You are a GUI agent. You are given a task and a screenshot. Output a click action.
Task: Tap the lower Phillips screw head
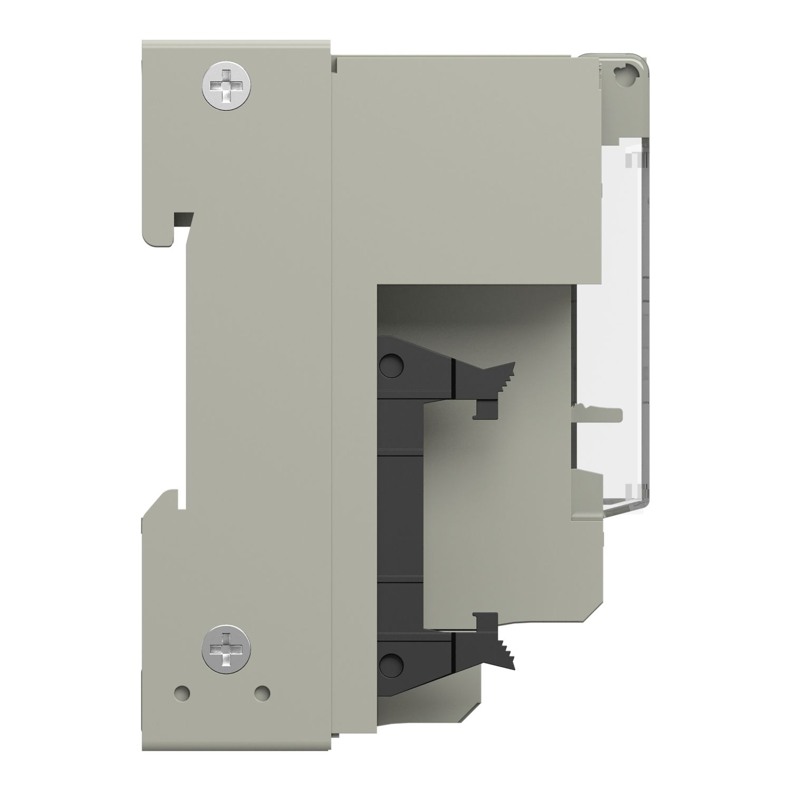[226, 648]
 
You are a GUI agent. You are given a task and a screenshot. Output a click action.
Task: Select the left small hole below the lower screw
[181, 691]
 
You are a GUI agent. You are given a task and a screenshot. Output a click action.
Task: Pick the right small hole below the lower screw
[262, 691]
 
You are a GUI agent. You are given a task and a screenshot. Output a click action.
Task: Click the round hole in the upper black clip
[391, 364]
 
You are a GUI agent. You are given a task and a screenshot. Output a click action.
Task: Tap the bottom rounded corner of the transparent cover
[641, 506]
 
